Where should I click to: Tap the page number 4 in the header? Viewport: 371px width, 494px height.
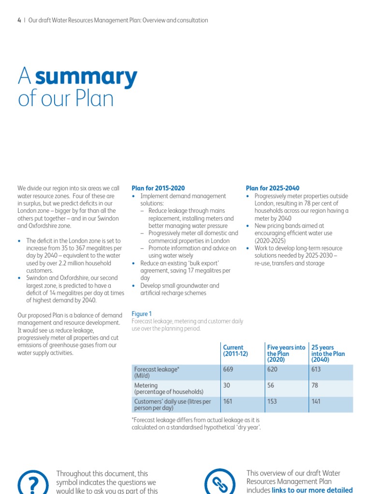point(19,20)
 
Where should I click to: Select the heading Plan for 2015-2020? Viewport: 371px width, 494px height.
point(158,188)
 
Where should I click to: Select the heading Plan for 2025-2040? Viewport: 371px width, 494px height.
point(272,188)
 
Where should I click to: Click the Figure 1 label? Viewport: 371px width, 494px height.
point(142,314)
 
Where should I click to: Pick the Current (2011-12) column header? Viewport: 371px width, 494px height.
point(235,350)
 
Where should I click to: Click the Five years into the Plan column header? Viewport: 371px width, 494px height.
point(286,353)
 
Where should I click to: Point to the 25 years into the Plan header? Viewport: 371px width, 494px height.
point(328,353)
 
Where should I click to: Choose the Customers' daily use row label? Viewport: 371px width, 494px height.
point(172,404)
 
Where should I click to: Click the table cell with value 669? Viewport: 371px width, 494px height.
point(228,369)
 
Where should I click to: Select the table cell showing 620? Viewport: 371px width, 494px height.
point(272,369)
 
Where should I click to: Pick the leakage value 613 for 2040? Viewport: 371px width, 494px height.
point(316,369)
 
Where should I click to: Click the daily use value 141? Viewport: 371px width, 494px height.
point(316,401)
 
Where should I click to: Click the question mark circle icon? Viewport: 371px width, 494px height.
point(33,482)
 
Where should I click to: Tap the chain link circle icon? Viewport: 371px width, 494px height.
point(220,482)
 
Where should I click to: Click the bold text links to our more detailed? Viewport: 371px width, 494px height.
point(312,490)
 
